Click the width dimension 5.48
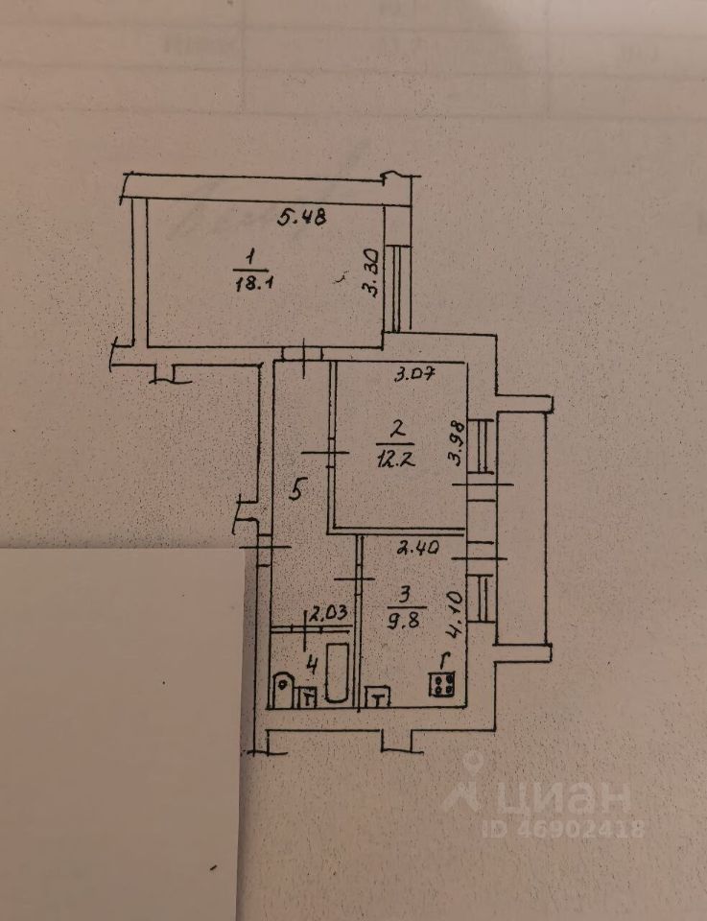click(x=302, y=217)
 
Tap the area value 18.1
click(x=250, y=283)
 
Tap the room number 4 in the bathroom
click(x=310, y=661)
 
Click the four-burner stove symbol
click(x=443, y=684)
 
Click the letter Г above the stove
click(x=442, y=661)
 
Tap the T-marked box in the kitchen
click(x=378, y=698)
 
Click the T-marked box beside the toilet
click(x=308, y=698)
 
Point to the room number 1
click(x=250, y=257)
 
